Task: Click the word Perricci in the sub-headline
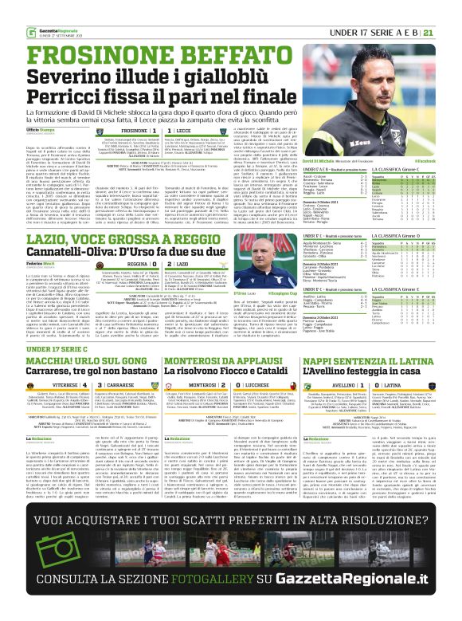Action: click(x=59, y=80)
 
